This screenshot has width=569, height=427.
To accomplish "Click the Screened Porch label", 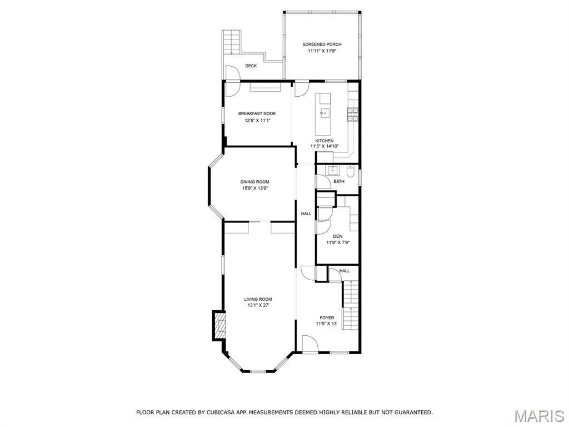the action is [322, 44].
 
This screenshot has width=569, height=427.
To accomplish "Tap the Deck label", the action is [251, 66].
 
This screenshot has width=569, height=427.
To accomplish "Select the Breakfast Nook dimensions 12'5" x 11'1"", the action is [257, 120].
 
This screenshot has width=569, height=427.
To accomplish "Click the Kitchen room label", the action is [324, 141].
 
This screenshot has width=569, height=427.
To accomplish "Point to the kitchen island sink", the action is [325, 113].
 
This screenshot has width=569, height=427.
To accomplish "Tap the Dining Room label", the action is [254, 182].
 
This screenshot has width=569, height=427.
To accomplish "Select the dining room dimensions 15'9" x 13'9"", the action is [254, 188].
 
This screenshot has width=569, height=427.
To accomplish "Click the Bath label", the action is [339, 181].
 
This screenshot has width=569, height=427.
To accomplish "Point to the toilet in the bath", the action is [350, 171].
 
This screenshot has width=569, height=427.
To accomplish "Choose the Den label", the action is [337, 236].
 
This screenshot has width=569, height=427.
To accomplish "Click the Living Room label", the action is [258, 299].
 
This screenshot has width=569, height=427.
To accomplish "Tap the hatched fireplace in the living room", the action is [220, 325].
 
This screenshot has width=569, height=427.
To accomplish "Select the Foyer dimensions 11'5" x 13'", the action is [327, 324].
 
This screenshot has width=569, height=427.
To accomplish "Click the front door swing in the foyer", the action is [310, 343].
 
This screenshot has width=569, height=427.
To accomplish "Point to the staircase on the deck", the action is [231, 42].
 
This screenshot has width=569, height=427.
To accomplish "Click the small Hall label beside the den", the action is [345, 271].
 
